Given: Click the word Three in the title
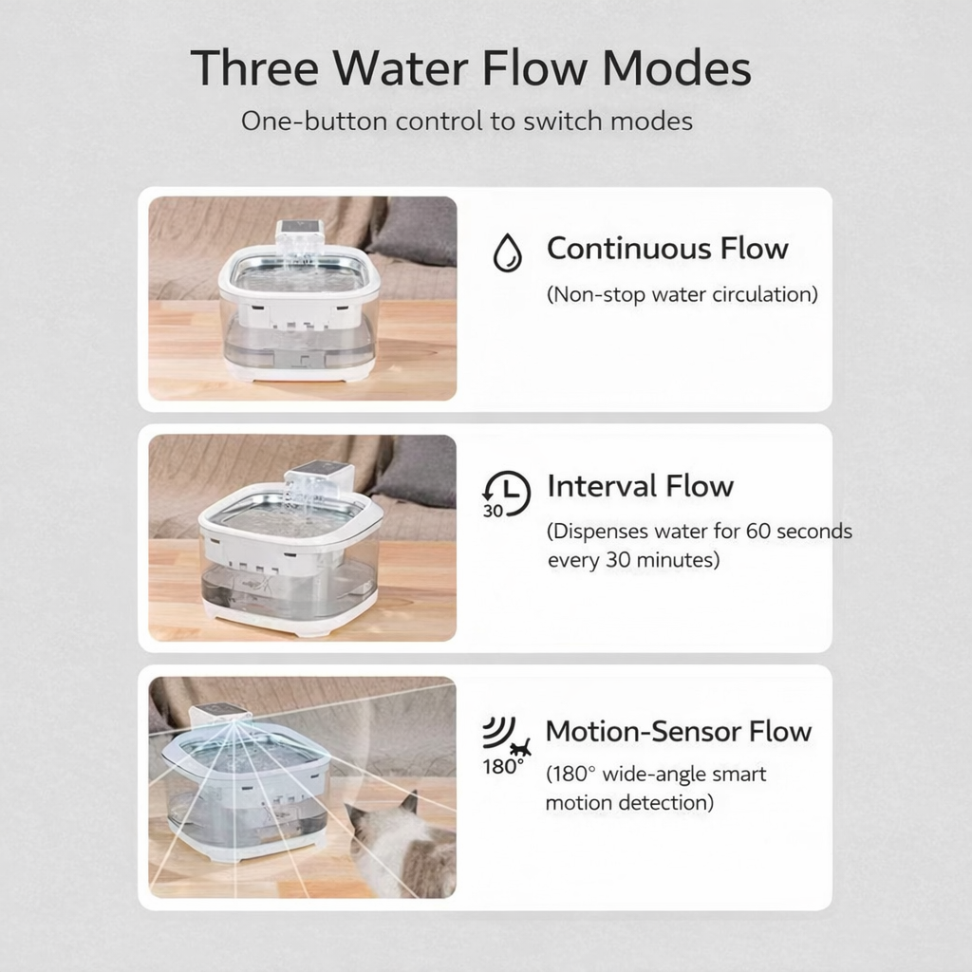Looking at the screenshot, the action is pyautogui.click(x=254, y=67).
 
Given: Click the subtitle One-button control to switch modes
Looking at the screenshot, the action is pyautogui.click(x=467, y=121).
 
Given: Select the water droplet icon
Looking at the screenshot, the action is pyautogui.click(x=507, y=252).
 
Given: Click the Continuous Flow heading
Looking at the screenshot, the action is pyautogui.click(x=667, y=248).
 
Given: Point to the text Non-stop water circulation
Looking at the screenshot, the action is pyautogui.click(x=682, y=294).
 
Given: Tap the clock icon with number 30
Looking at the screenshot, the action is pyautogui.click(x=506, y=494).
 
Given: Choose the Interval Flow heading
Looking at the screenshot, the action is pyautogui.click(x=640, y=485).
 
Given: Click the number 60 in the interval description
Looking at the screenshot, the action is pyautogui.click(x=758, y=532).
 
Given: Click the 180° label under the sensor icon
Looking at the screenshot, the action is pyautogui.click(x=503, y=767).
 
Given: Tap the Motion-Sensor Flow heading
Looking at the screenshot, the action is pyautogui.click(x=678, y=731).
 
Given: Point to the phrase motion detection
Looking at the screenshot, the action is pyautogui.click(x=629, y=803).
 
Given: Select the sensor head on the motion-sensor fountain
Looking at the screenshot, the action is pyautogui.click(x=220, y=716).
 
